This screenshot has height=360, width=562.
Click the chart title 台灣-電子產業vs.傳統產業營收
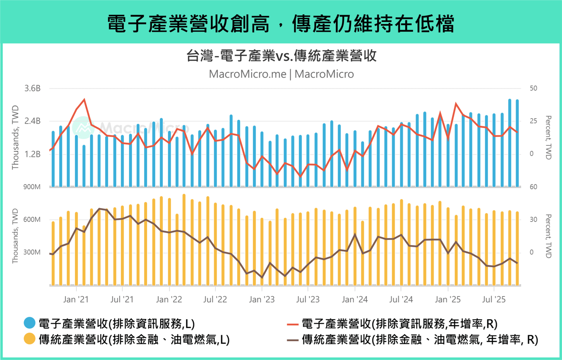coord(281,56)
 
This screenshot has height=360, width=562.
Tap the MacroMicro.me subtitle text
coord(248,74)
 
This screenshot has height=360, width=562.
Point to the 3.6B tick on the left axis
coord(32,88)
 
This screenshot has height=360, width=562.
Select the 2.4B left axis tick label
coord(32,121)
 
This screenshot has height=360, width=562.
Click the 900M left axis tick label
coord(32,187)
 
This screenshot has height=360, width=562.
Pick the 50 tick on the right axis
coord(533,88)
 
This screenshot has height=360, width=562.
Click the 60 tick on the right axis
coord(533,187)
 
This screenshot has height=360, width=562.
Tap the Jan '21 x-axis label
coord(76,299)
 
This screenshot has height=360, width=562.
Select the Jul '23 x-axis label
coord(308,299)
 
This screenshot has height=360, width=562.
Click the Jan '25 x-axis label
coord(448,299)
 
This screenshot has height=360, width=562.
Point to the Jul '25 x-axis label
coord(494,299)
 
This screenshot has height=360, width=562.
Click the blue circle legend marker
coord(30,323)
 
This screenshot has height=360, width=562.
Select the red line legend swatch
coord(292,324)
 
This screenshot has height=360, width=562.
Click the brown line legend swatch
coord(292,340)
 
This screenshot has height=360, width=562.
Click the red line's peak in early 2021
coord(84,100)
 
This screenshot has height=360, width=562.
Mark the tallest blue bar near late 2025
coord(510,143)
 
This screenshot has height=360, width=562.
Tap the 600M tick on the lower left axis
coord(32,220)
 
